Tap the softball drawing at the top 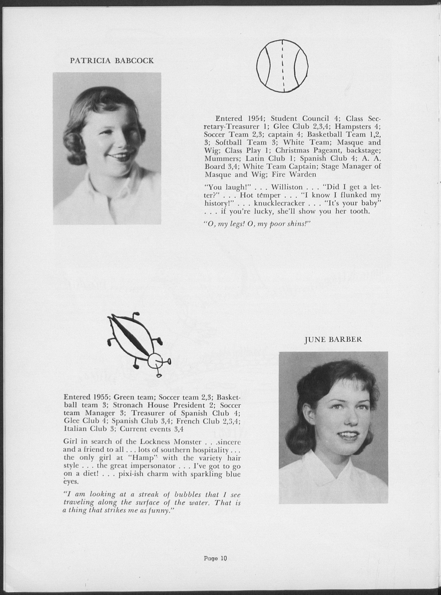coord(282,66)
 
